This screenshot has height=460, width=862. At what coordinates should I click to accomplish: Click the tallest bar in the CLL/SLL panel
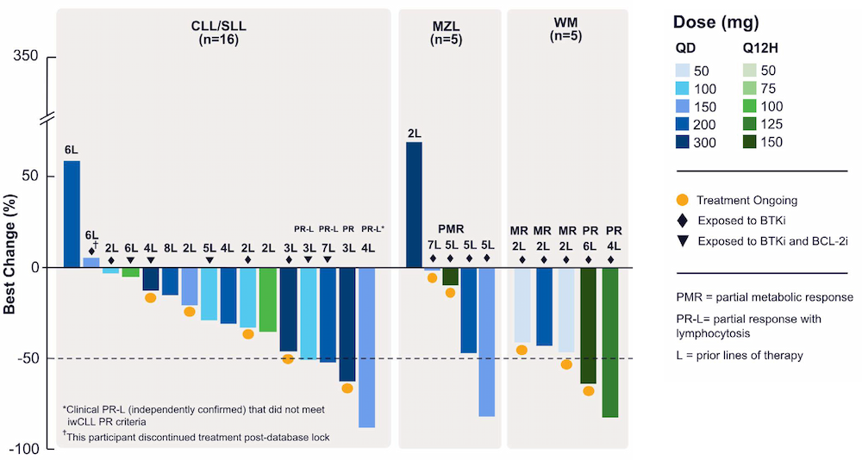pyautogui.click(x=72, y=214)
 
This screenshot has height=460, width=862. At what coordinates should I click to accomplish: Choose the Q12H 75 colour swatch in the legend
pyautogui.click(x=755, y=88)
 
